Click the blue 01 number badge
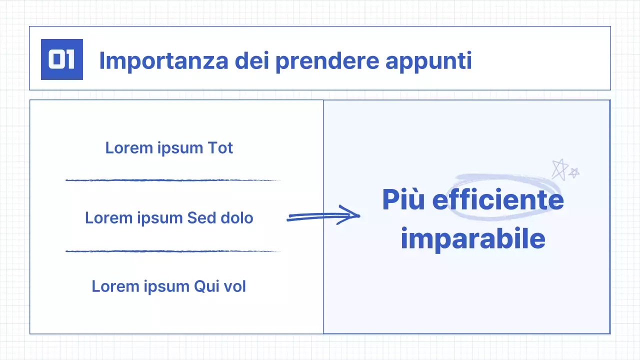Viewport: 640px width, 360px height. tap(62, 59)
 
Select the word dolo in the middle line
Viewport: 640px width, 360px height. tap(237, 218)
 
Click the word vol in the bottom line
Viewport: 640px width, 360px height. tap(234, 286)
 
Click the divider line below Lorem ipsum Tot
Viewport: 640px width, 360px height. tap(172, 180)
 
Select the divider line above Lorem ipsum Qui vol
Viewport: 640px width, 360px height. tap(172, 251)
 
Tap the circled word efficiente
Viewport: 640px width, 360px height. tap(498, 200)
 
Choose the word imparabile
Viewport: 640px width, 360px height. tap(472, 239)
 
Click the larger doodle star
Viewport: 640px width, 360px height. tap(559, 169)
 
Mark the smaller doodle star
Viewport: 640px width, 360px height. tap(574, 172)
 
